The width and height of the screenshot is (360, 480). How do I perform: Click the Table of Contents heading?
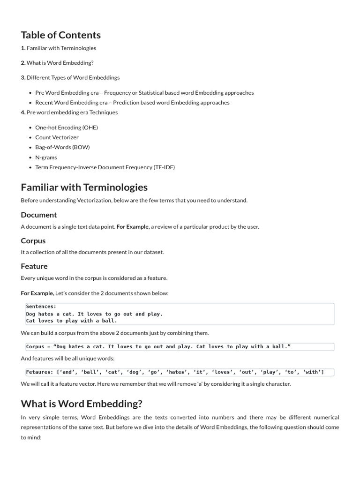pos(60,35)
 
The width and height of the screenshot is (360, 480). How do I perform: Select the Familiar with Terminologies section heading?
pos(84,187)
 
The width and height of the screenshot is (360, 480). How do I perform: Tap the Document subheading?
pos(39,215)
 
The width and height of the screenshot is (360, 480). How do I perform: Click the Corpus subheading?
pos(33,241)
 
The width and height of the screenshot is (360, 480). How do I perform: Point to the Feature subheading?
pos(34,266)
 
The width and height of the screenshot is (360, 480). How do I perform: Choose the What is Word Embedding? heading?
pos(82,404)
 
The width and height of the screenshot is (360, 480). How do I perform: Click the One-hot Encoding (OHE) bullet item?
pos(67,127)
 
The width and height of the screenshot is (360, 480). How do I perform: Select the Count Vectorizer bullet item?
pos(57,137)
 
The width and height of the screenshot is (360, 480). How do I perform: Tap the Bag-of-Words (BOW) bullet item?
pos(62,147)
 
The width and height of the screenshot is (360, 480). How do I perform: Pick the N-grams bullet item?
pos(46,157)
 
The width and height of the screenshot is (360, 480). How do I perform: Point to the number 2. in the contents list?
pos(23,63)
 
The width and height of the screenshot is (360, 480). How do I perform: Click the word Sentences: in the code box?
pos(41,307)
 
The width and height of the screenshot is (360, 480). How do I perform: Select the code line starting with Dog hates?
pos(94,314)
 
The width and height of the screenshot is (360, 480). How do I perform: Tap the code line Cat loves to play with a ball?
pos(71,321)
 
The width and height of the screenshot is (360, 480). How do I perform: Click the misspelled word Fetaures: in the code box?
pos(40,372)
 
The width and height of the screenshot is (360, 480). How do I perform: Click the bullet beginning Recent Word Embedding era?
pos(132,103)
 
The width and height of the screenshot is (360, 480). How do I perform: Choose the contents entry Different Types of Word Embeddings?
pos(73,77)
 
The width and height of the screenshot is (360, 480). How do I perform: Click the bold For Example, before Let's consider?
pos(37,293)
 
